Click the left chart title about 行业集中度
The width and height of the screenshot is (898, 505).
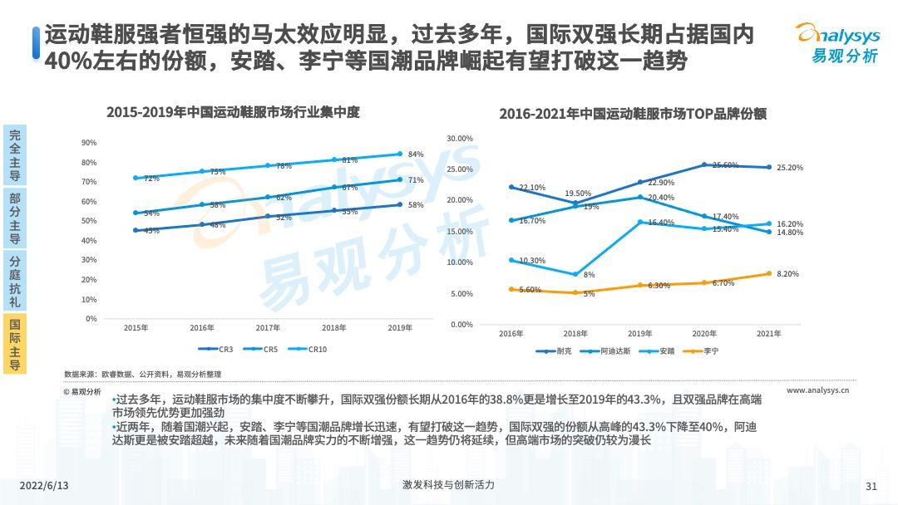click(233, 112)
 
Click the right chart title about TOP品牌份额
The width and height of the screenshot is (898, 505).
click(632, 115)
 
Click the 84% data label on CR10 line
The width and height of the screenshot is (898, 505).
click(416, 154)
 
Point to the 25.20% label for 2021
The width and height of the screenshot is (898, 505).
click(789, 168)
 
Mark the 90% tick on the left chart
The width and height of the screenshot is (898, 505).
click(89, 143)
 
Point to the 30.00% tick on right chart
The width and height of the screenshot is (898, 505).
click(459, 138)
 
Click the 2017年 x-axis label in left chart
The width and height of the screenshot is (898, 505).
click(268, 329)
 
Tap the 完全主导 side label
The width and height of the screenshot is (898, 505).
click(14, 155)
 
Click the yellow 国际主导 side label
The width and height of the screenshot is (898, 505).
click(14, 343)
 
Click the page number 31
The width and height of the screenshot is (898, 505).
click(871, 486)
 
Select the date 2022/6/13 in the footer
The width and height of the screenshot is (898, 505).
click(42, 485)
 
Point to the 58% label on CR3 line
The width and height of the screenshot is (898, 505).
click(416, 205)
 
